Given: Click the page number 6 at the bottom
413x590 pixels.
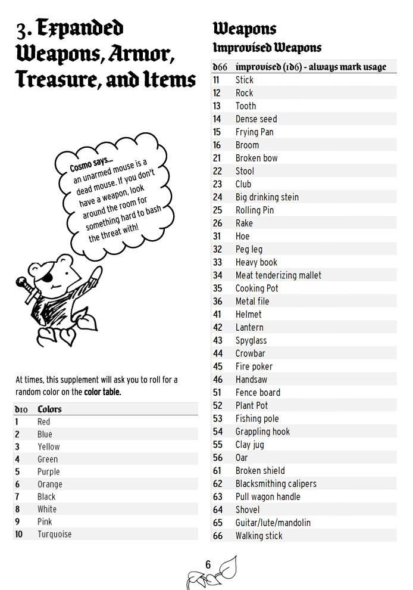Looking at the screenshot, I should [208, 565].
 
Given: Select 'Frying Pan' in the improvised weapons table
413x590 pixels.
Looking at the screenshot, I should [254, 132].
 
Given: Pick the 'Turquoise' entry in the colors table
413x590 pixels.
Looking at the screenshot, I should [54, 535].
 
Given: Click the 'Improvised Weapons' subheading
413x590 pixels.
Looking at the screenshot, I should [267, 48].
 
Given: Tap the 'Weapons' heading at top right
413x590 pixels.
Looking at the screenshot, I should [245, 28].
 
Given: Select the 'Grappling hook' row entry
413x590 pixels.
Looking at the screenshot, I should [262, 431].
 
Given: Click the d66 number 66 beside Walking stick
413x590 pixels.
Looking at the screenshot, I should [217, 536].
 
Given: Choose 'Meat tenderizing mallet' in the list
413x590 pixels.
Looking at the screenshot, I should [278, 275].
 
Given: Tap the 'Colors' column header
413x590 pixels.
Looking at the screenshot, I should [49, 409].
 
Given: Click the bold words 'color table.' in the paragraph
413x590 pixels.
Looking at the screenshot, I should [102, 392].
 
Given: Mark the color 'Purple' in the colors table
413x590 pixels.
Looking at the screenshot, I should [48, 472].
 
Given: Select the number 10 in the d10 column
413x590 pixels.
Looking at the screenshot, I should [18, 535].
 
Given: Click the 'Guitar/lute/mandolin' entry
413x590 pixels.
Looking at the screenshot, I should [273, 523].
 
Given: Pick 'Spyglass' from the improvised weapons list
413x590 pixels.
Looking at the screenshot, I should [251, 340].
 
